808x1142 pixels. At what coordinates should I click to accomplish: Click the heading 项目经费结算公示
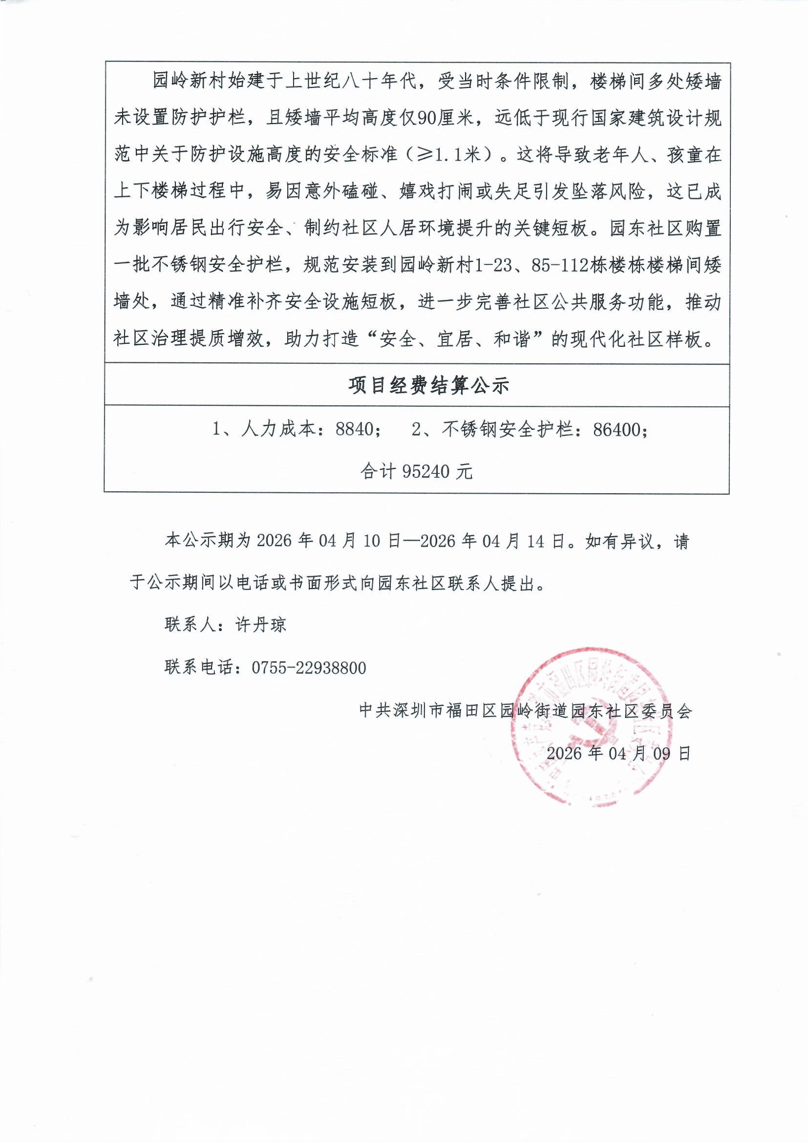coord(428,386)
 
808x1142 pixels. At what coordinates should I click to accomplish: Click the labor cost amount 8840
coord(355,429)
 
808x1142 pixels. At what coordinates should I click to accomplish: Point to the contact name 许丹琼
coord(261,625)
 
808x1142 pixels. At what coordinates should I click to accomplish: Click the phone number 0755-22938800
coord(309,668)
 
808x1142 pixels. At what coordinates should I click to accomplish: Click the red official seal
coord(592,727)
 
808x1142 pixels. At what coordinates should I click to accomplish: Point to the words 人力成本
coord(278,429)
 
